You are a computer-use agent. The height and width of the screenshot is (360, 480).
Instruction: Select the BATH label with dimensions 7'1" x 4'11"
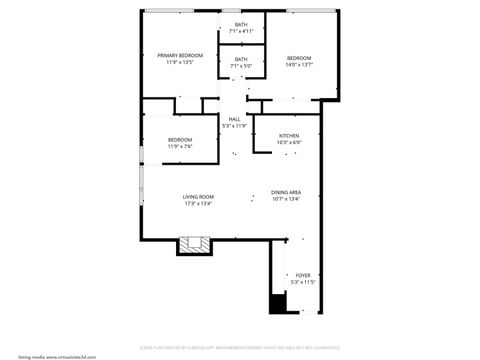click(242, 25)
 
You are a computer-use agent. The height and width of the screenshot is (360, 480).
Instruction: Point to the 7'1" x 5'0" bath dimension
click(242, 66)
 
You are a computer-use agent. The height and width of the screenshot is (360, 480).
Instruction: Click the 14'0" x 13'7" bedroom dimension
click(299, 65)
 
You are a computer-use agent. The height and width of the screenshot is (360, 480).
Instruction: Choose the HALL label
click(234, 119)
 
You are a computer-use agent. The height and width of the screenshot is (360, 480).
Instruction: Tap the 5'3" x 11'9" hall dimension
click(234, 126)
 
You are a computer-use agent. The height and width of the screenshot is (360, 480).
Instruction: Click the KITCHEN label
click(289, 136)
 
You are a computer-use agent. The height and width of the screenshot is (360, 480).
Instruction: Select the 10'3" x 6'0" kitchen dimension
click(289, 143)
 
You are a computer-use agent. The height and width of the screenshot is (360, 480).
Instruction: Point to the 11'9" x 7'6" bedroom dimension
click(180, 146)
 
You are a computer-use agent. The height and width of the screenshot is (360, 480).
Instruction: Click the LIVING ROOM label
click(198, 197)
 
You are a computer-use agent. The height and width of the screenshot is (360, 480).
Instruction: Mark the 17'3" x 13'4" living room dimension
click(198, 204)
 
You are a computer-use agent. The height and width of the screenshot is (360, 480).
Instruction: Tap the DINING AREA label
click(286, 192)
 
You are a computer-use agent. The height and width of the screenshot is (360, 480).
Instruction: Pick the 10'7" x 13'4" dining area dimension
click(286, 199)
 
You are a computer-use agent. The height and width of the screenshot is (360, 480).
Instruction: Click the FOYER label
click(302, 275)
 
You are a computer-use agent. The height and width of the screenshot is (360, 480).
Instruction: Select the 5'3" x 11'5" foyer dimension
click(302, 282)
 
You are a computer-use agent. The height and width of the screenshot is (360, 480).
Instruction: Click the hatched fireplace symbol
click(194, 244)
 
